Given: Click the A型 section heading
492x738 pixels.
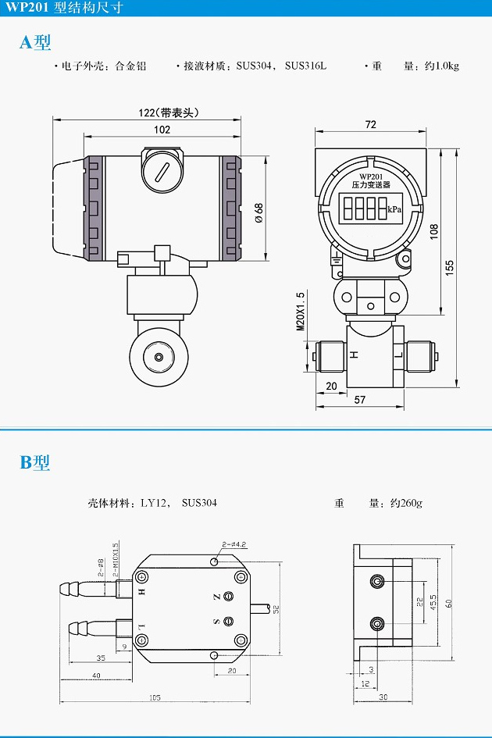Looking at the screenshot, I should (35, 43).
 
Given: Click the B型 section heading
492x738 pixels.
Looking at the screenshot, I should (35, 462).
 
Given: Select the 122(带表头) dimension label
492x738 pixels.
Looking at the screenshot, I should (169, 112).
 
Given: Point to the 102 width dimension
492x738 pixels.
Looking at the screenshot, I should (162, 130).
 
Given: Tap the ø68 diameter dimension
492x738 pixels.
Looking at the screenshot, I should (258, 212).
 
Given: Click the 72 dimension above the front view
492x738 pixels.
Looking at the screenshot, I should (370, 125).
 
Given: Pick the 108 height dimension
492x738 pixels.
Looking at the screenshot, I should (435, 231).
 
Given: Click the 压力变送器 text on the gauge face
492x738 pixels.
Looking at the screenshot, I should (368, 185).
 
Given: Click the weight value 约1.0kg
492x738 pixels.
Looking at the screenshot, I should (442, 66).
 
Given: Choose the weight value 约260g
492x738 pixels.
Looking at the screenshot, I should (406, 503).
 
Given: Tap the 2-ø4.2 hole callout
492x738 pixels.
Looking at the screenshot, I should (234, 544).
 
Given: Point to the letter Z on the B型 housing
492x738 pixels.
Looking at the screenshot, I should (216, 597).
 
